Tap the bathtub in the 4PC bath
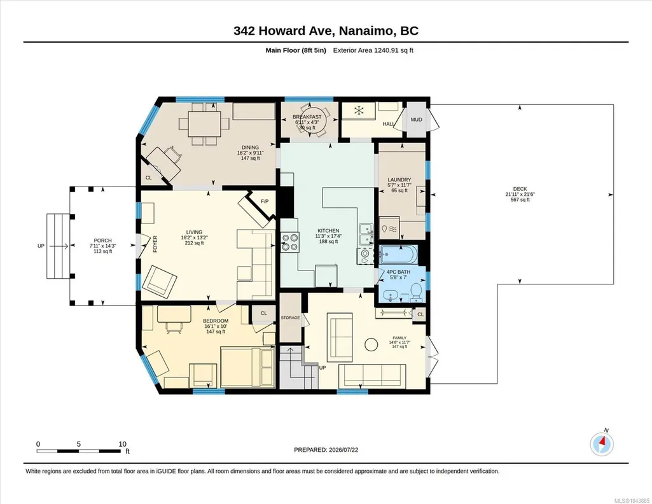(x=398, y=255)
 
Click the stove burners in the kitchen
(x=290, y=242)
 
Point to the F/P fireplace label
(x=265, y=201)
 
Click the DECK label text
(x=520, y=189)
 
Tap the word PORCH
(x=102, y=241)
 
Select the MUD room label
(x=416, y=120)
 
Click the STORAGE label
(x=290, y=318)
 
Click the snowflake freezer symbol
(x=359, y=111)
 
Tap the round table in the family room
(x=371, y=344)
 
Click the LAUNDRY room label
(x=399, y=179)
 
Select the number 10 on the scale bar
(x=122, y=444)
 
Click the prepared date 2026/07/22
(x=343, y=449)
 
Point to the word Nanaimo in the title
(x=366, y=31)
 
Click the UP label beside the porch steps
(x=41, y=246)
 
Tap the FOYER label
(x=155, y=244)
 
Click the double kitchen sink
(x=366, y=234)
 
